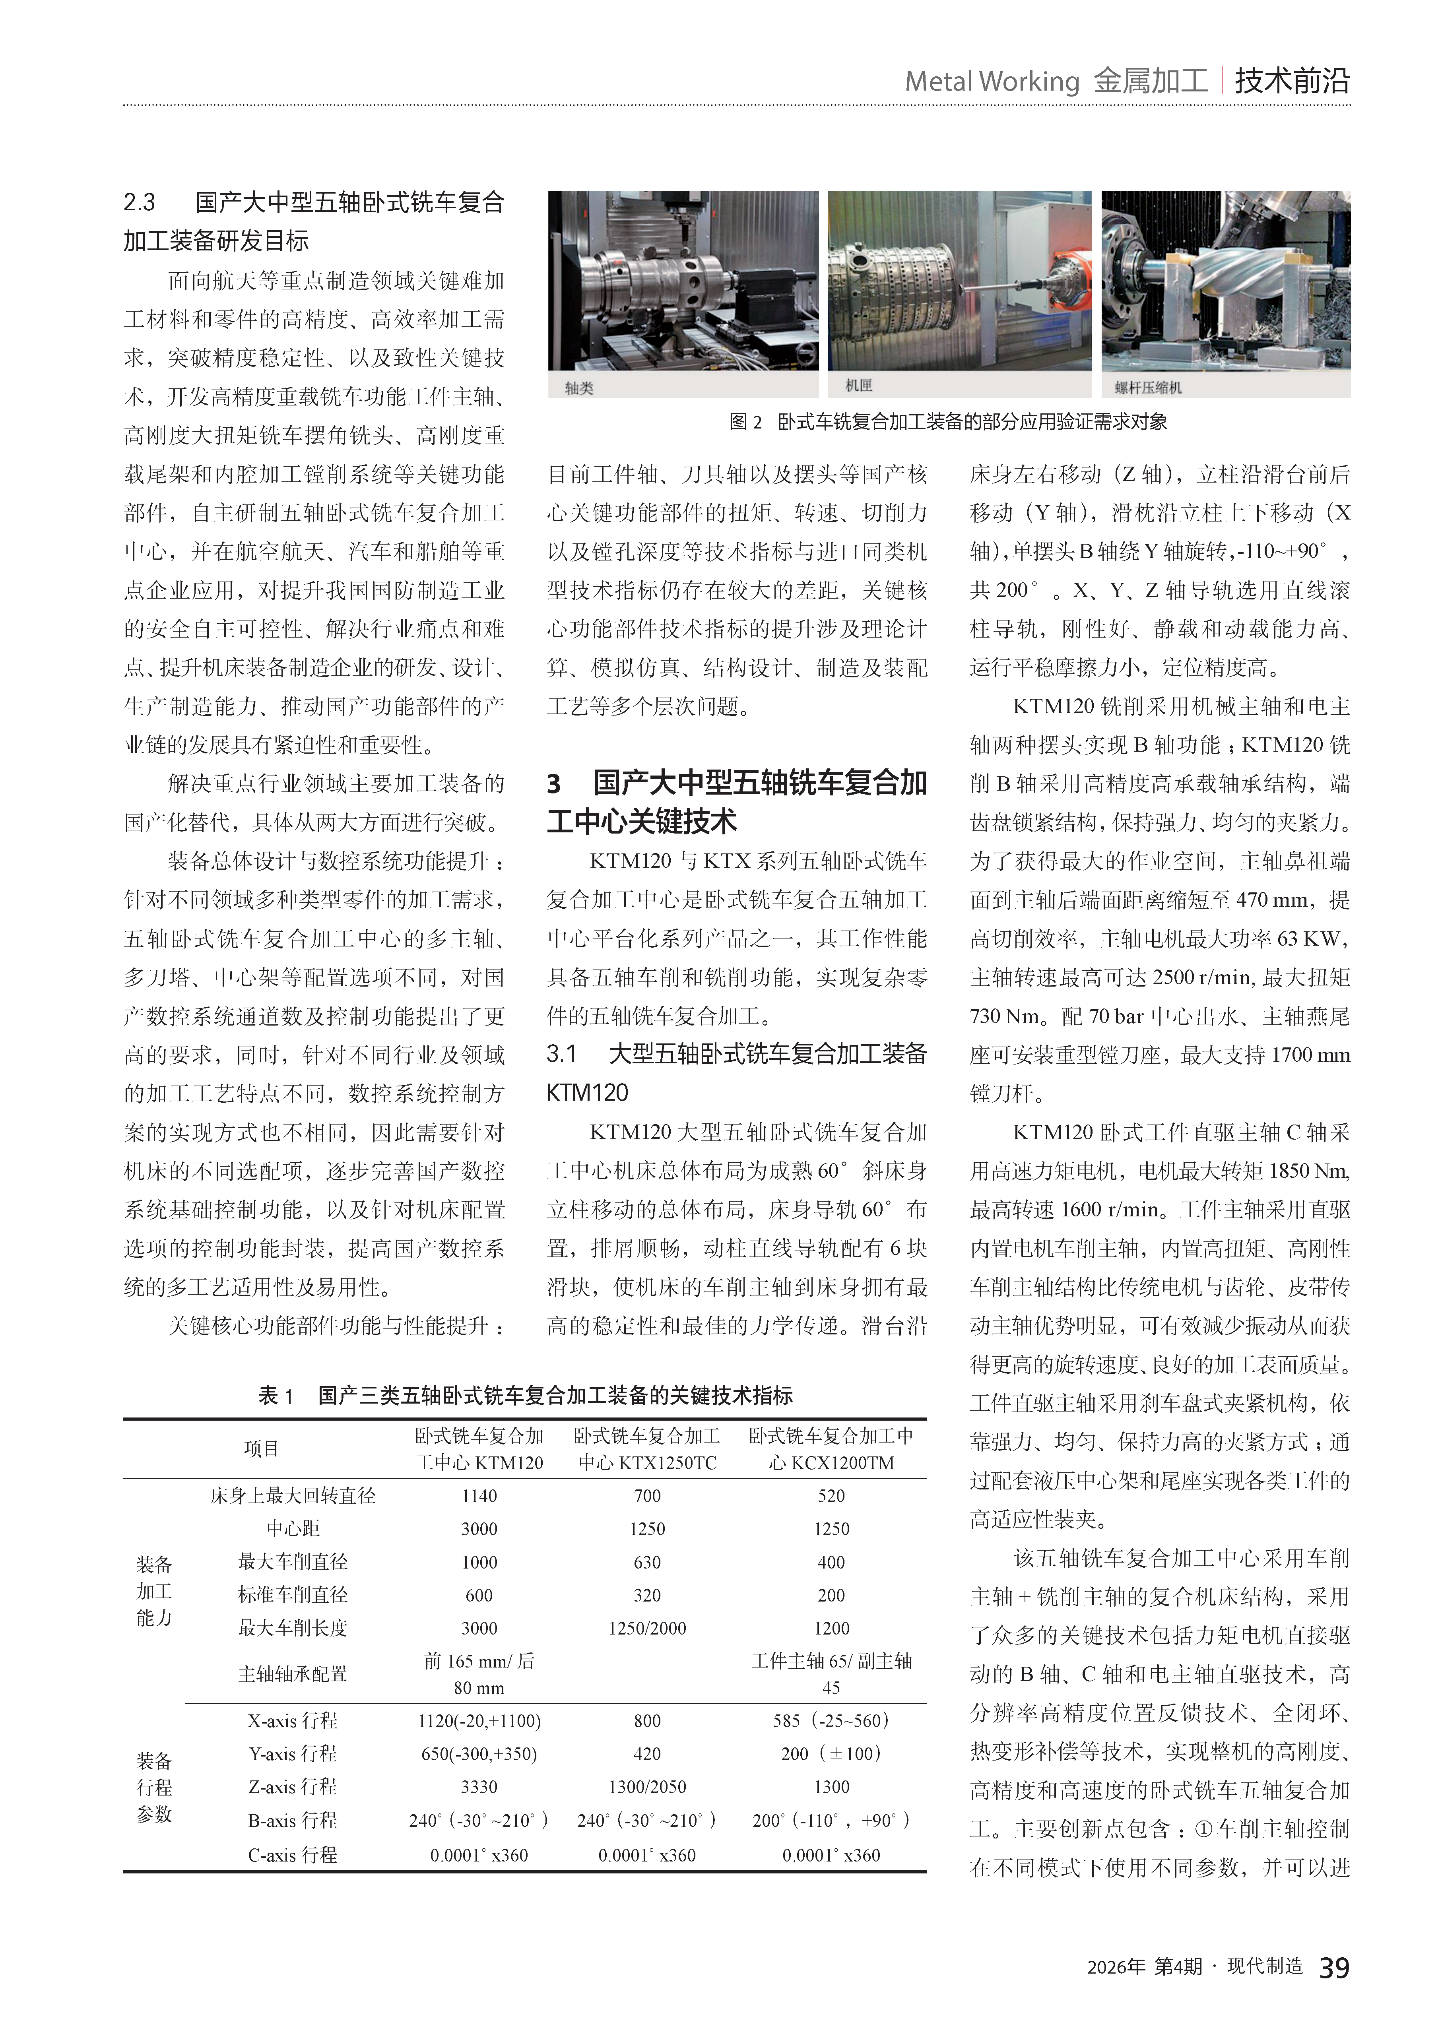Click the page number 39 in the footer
1333,1968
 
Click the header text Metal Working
991,81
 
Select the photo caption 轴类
579,388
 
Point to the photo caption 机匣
858,385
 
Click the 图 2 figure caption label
745,422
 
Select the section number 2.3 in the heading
139,203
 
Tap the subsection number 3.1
561,1053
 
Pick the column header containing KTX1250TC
647,1449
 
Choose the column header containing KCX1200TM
831,1449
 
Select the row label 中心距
293,1529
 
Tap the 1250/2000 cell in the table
647,1628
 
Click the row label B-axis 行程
293,1821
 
